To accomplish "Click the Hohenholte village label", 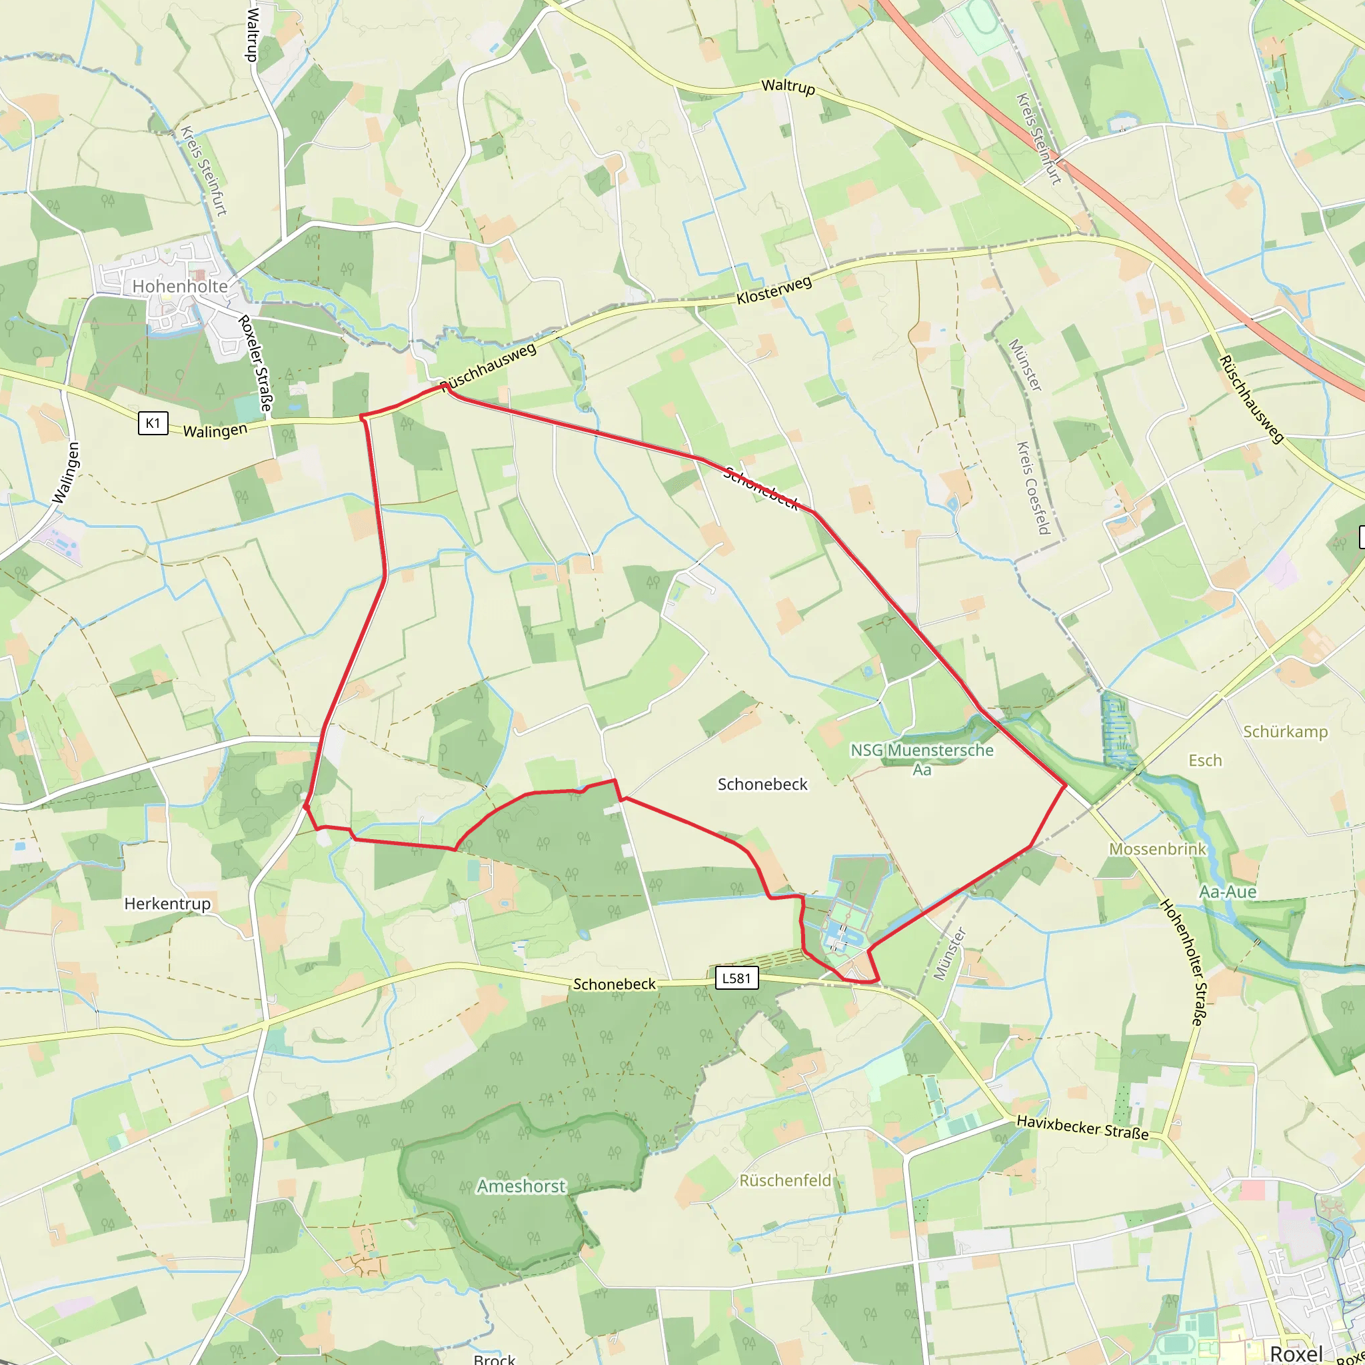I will click(180, 286).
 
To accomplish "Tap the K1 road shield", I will click(153, 423).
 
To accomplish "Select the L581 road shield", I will click(736, 978).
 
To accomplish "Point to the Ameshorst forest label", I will click(521, 1186).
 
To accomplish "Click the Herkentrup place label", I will click(167, 904).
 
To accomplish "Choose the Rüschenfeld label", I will click(785, 1180).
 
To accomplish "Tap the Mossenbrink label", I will click(1157, 848).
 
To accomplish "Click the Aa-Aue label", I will click(1228, 892).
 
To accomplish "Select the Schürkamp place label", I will click(1285, 731).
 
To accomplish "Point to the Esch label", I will click(1205, 760).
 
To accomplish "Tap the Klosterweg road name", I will click(774, 291).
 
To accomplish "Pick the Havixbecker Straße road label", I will click(1082, 1127).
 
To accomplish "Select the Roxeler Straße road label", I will click(255, 363).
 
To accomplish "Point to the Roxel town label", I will click(1296, 1354).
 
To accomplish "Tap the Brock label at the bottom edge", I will click(495, 1358).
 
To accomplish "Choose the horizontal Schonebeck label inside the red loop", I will click(762, 784).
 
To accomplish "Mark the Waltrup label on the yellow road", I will click(788, 86).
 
